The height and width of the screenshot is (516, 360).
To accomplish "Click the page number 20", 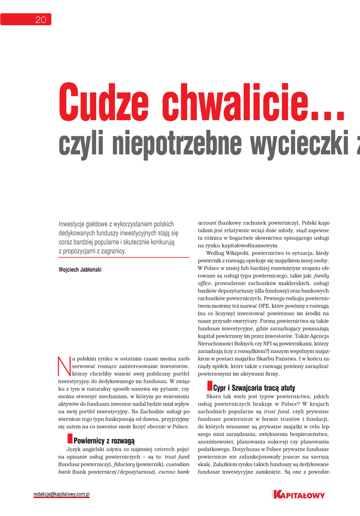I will point(40,20).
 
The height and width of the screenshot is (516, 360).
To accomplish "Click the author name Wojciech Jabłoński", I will point(80,270).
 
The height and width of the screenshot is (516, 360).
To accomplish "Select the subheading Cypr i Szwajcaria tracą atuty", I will point(254,389).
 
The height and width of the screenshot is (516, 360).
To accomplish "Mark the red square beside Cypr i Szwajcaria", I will point(209,386).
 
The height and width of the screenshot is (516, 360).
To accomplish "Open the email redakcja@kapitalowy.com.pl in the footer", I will point(61,494).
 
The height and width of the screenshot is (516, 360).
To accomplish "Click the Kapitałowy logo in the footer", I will point(298,495).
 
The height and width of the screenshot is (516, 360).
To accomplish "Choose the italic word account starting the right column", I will point(207,223).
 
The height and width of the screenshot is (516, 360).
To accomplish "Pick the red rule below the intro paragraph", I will point(124,257).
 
